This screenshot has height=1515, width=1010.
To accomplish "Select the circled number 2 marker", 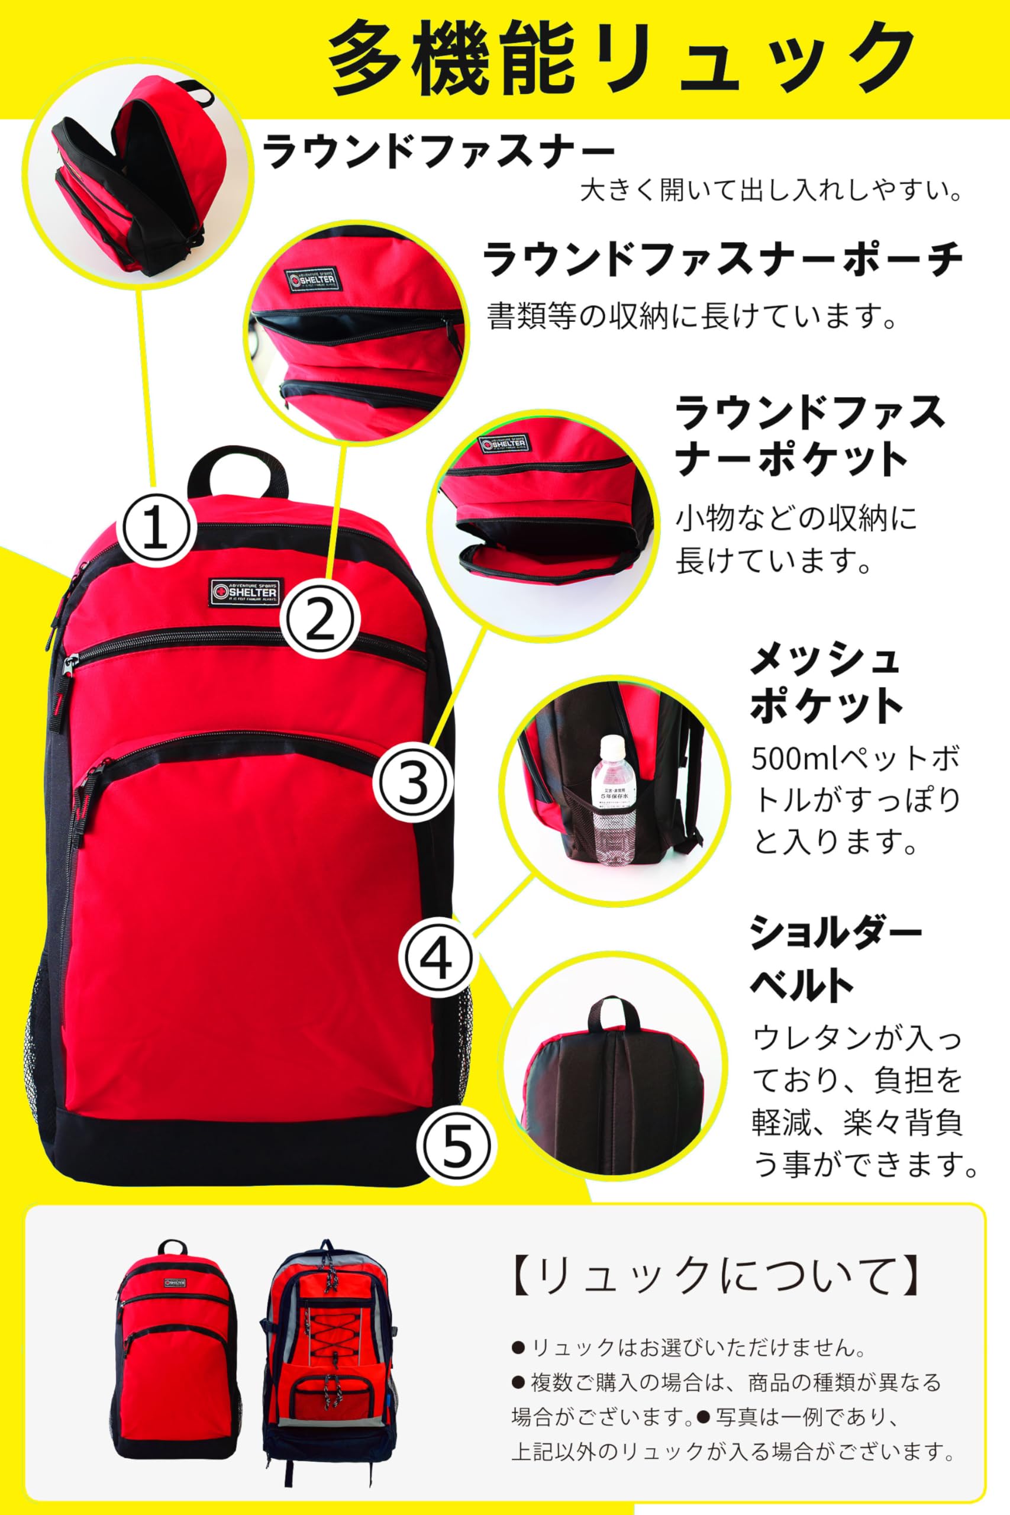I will pyautogui.click(x=320, y=617).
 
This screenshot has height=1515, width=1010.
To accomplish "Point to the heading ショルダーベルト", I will pyautogui.click(x=835, y=959).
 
